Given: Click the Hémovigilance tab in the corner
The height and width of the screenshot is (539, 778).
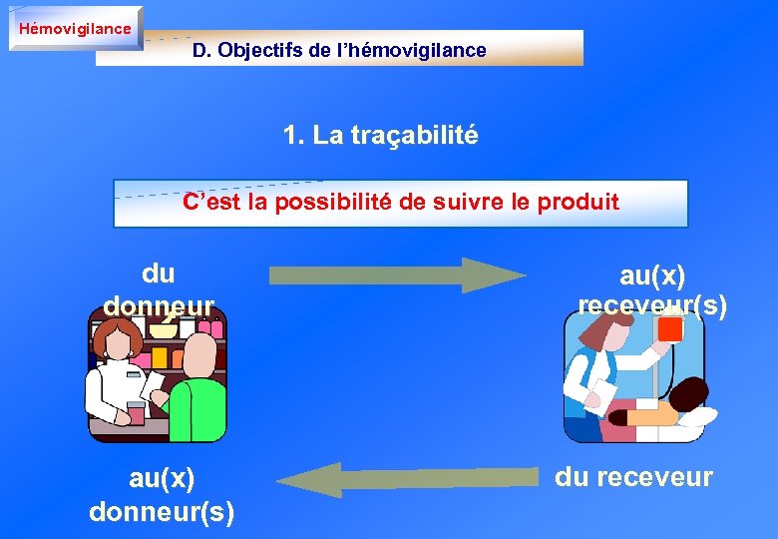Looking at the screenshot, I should (75, 28).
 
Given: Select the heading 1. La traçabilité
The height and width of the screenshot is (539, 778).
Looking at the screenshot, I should (380, 135).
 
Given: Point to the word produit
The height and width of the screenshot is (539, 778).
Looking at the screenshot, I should (579, 202).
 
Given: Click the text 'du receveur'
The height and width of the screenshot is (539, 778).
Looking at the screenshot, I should (633, 477).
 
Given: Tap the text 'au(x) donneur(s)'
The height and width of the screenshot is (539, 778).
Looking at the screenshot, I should (162, 495).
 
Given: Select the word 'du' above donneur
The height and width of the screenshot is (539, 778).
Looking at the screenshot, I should (158, 272).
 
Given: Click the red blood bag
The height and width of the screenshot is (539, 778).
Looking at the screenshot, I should (669, 328).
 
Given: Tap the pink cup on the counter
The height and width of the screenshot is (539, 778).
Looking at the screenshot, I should (136, 410).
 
